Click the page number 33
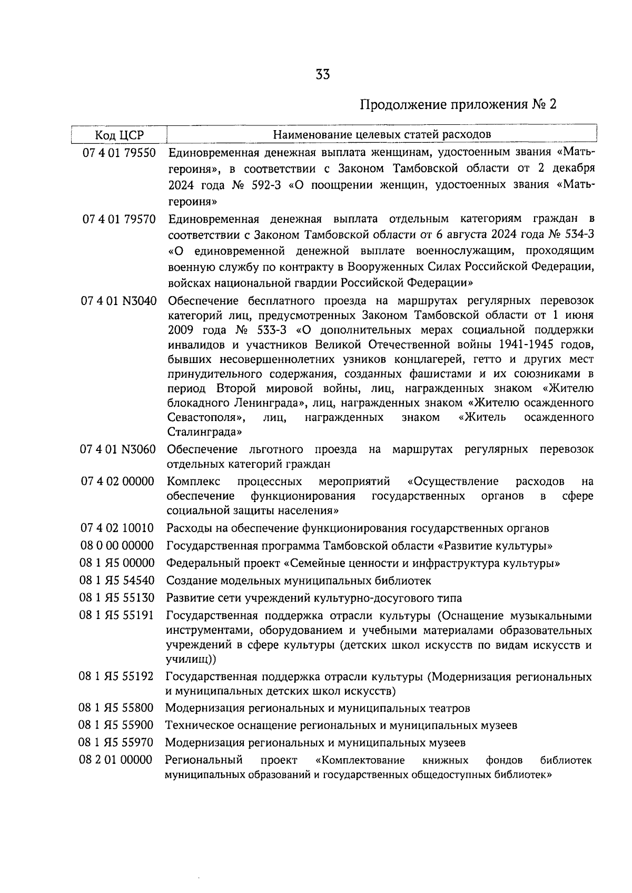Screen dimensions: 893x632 [x=322, y=75]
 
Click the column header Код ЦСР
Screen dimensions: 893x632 [x=119, y=134]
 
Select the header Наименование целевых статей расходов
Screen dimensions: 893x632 [x=382, y=134]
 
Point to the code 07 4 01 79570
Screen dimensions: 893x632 [x=119, y=219]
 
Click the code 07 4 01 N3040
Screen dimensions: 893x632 [x=119, y=301]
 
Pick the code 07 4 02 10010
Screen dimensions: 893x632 [x=117, y=528]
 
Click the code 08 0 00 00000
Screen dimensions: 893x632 [x=117, y=545]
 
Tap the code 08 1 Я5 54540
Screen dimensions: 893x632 [x=117, y=581]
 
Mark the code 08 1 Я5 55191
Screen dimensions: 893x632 [x=116, y=615]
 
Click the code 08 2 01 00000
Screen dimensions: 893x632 [x=115, y=760]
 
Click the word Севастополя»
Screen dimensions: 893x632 [x=207, y=418]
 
